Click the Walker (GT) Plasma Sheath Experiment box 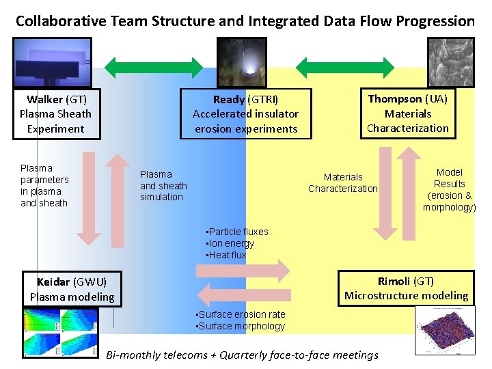pos(55,114)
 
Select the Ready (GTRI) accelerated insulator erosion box pos(245,114)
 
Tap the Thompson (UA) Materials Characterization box pos(407,113)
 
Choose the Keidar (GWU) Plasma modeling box pos(72,289)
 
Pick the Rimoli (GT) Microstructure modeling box pos(407,288)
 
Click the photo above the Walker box pos(51,62)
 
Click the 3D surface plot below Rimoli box pos(444,329)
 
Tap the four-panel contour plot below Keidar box pos(59,332)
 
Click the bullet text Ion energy pos(230,243)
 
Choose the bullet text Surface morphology pos(241,326)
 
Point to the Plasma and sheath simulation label pos(163,186)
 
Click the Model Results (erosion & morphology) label pos(449,190)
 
